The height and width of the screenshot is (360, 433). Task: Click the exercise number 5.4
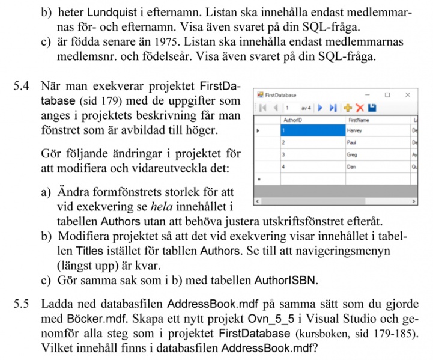[x=20, y=86]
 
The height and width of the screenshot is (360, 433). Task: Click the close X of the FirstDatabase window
[x=408, y=95]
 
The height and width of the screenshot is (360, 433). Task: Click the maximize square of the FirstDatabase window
[x=387, y=95]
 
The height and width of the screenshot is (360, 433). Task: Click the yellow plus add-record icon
[x=347, y=108]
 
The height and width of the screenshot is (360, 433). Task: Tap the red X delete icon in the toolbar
[x=360, y=108]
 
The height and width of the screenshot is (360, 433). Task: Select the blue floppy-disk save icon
[x=372, y=108]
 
